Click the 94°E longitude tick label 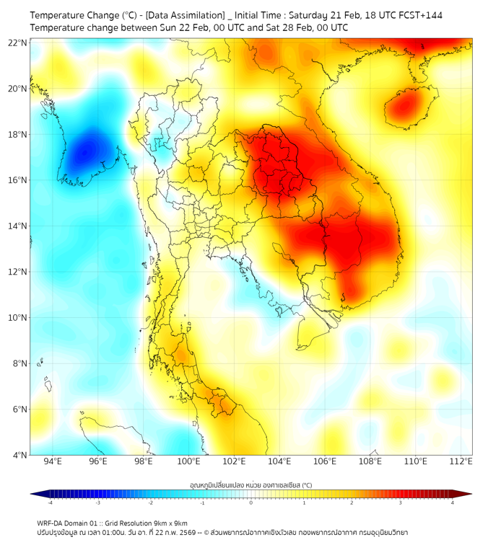(x=53, y=461)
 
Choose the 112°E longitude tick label (x=461, y=461)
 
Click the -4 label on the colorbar (x=50, y=502)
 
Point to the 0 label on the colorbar (x=251, y=502)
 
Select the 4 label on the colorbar (x=452, y=502)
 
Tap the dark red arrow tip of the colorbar (x=467, y=494)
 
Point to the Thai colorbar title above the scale (x=250, y=485)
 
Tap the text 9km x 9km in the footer (x=170, y=523)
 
